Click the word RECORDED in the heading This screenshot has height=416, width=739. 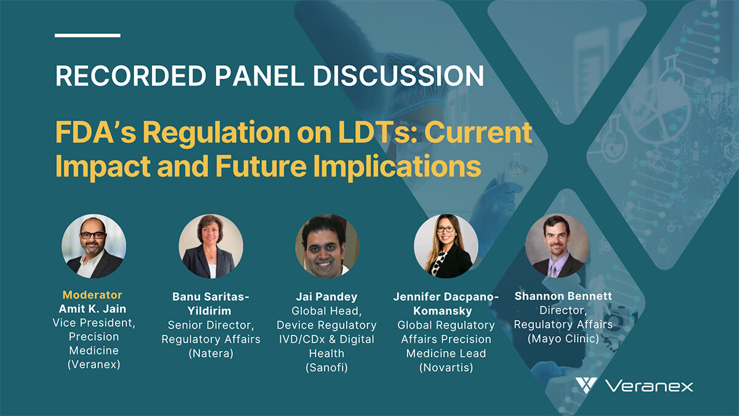131,76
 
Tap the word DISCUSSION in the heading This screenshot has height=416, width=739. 398,76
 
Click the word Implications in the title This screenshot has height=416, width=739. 397,166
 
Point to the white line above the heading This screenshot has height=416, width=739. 87,35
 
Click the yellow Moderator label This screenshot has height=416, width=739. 92,295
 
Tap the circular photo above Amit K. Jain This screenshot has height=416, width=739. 94,246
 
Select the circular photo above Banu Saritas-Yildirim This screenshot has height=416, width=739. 211,246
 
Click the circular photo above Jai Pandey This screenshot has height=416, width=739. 327,246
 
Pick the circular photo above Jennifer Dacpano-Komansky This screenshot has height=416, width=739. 446,246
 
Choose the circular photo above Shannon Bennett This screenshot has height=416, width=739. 557,246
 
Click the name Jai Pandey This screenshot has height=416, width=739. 326,297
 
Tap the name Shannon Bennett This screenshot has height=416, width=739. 563,296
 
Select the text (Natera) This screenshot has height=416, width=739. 211,353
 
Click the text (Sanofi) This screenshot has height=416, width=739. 326,367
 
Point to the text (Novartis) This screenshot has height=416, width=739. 446,367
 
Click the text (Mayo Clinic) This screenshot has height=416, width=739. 563,338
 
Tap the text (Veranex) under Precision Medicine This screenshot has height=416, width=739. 94,364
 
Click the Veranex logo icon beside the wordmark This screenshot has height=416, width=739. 586,385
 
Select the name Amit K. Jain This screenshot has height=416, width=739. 92,309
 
